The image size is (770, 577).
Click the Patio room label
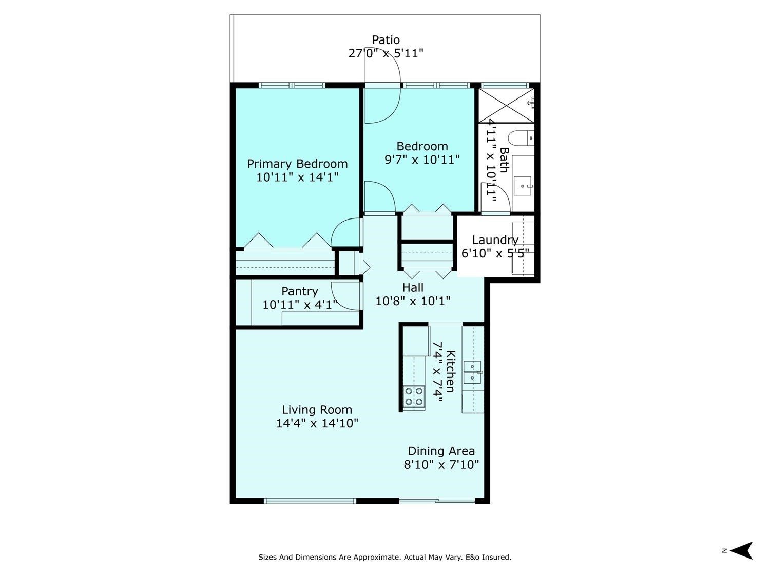tap(386, 40)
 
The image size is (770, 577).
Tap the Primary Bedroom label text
tap(297, 164)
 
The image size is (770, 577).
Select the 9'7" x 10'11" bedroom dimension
tap(422, 160)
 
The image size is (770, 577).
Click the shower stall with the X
tap(506, 106)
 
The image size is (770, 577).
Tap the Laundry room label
tap(495, 240)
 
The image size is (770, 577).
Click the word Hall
tap(413, 287)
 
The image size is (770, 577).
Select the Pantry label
tap(300, 291)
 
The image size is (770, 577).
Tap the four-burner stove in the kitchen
tap(414, 396)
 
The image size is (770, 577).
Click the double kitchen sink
tap(472, 372)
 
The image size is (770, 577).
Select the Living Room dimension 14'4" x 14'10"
tap(317, 423)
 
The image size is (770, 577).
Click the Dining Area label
tap(441, 451)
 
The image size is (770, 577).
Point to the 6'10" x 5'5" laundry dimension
tap(495, 253)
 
